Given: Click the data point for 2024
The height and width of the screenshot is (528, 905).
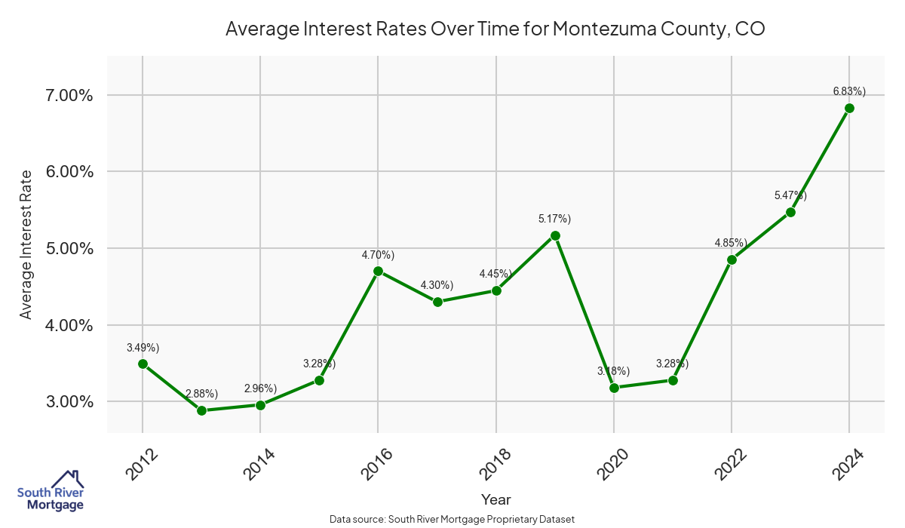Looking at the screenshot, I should [x=849, y=108].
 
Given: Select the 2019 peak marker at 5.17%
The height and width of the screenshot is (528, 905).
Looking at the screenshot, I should [x=555, y=235].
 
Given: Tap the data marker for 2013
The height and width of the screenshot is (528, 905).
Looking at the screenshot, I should [x=201, y=410].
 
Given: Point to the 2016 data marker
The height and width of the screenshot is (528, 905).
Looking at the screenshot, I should [x=378, y=271].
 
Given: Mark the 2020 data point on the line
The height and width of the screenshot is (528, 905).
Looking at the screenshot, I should [x=614, y=388].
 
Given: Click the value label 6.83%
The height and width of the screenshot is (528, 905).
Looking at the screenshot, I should [x=849, y=91].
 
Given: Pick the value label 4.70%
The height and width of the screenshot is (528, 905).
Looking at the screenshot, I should [x=378, y=255].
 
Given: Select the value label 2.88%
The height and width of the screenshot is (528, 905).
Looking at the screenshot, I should [x=201, y=394].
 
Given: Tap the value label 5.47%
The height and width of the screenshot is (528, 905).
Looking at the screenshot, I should [x=790, y=195].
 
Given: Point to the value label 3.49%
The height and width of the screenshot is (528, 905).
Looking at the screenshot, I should [x=143, y=348].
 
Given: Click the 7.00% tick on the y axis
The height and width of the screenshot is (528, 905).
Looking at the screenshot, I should [x=69, y=96].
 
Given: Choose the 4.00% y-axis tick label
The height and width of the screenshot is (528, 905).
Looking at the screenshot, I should [x=69, y=325].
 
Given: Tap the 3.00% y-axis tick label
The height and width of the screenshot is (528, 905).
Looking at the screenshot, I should [x=69, y=402].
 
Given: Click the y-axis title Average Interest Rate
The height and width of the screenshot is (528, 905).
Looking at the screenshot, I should [x=26, y=244].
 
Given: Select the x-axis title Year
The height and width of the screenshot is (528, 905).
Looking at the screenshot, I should [x=495, y=499].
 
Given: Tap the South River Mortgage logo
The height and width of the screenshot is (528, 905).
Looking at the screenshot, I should [x=51, y=491].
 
